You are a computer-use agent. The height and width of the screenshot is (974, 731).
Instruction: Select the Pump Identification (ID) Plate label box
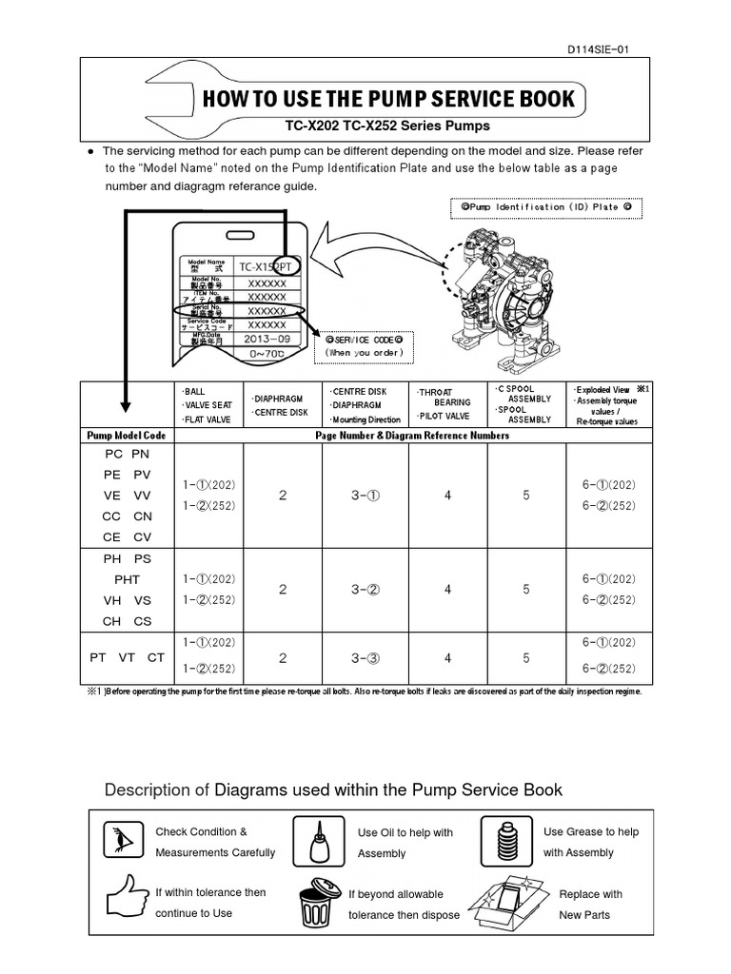[x=545, y=206]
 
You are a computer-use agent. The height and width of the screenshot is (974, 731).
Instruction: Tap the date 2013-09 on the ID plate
[x=267, y=339]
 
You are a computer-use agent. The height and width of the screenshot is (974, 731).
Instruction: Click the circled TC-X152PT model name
[x=268, y=267]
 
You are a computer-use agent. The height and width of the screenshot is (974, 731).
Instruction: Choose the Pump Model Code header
[x=127, y=435]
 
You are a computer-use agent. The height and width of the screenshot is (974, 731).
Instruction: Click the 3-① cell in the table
[x=366, y=495]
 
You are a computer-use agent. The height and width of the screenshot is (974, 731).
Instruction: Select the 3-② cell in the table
[x=366, y=590]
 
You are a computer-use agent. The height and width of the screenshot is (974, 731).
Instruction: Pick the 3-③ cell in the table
[x=366, y=657]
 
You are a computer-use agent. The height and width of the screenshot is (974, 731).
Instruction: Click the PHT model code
[x=127, y=579]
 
